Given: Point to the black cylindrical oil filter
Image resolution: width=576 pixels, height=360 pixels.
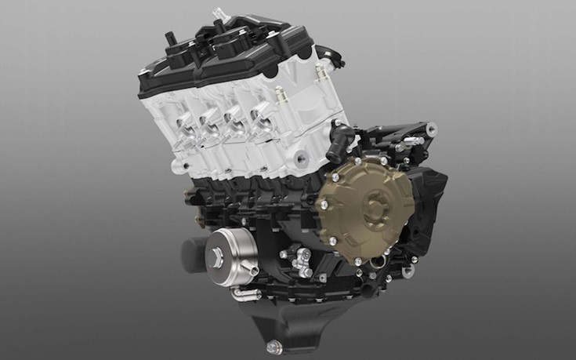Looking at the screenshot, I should tap(195, 253).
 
